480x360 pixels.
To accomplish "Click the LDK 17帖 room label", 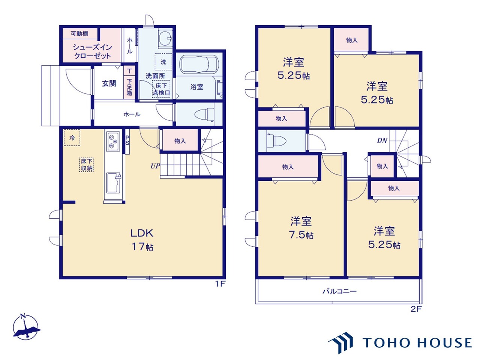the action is point(142,240).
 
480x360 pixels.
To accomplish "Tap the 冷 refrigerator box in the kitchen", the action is point(72,138).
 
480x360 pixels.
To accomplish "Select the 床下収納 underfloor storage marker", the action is point(87,165).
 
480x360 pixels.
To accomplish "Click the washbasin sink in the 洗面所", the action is point(165,38).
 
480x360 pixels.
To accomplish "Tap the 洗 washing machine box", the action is point(163,62).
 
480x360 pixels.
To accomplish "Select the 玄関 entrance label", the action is point(109,83).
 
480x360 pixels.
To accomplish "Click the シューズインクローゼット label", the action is point(92,51).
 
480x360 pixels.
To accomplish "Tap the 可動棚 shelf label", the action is point(79,34).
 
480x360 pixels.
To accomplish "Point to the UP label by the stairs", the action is point(155,166).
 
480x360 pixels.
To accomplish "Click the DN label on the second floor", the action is point(382,140).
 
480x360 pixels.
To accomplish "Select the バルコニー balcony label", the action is point(340,291).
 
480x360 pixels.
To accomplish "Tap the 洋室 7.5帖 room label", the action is point(301,228).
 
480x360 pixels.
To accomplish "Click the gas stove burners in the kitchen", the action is point(113,141).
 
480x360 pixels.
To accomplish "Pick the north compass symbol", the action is point(26,327).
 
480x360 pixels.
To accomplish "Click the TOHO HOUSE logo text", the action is point(417,342).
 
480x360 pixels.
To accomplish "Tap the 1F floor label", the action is point(220,284).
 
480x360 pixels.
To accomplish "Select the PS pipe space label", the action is point(127,140).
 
